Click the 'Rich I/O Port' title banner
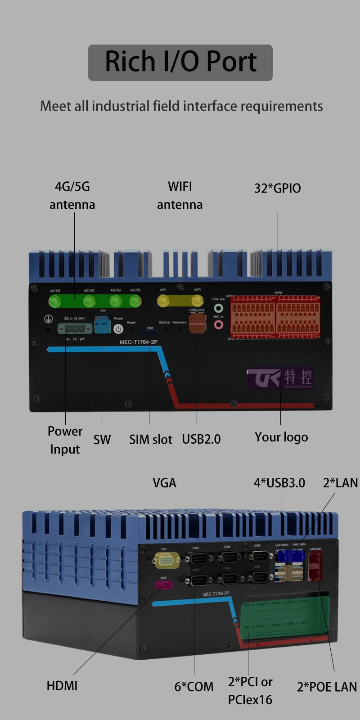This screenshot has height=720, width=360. coord(180,63)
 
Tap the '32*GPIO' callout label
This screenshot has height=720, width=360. coord(277,188)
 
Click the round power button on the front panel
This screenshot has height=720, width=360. coord(118,328)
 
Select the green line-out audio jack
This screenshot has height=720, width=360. coord(218,308)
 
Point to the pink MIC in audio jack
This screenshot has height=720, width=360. coord(218,324)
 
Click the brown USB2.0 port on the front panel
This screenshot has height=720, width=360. coord(197,323)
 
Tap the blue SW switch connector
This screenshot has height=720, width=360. coord(102,324)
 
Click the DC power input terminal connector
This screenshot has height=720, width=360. coord(75,328)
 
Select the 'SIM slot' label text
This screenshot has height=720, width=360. coord(150,439)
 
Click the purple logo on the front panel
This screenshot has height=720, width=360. coord(280,378)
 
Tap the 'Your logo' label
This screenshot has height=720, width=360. coord(281,437)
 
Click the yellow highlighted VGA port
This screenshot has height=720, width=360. coord(166,560)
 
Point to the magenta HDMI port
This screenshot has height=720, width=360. coord(163,585)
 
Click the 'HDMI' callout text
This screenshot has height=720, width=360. coord(62,686)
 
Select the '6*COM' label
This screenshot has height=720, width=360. coord(194,687)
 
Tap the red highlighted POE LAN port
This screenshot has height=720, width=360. coord(315,566)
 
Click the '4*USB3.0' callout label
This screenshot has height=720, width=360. coord(279,483)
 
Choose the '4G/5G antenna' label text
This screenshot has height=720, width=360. coord(72,195)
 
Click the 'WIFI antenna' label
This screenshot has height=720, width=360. coord(180,195)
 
